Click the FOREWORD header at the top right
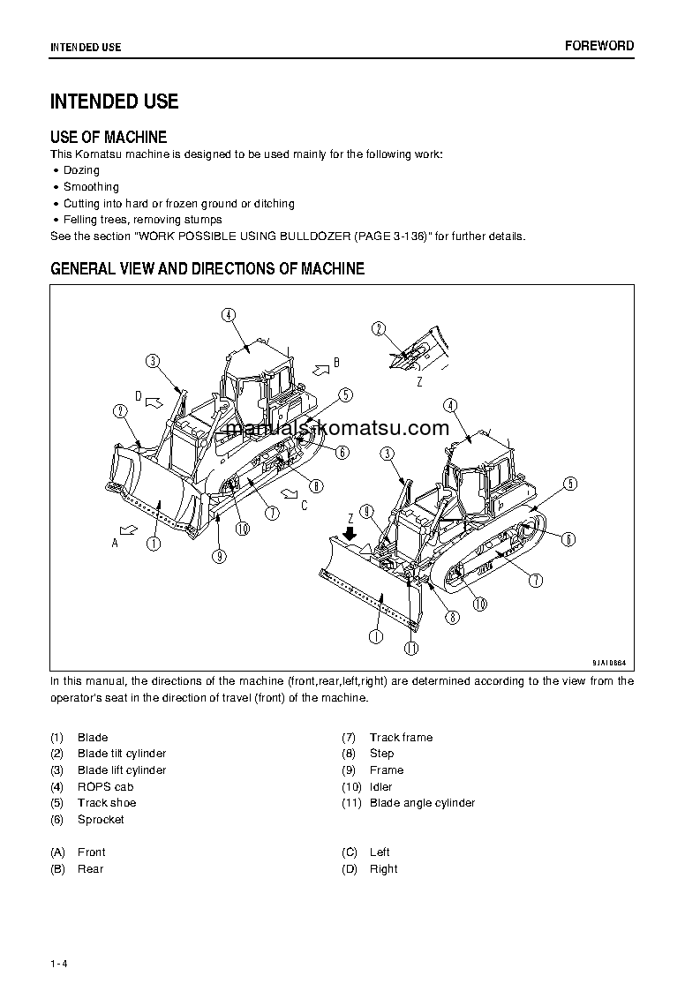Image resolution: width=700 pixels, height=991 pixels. (x=599, y=46)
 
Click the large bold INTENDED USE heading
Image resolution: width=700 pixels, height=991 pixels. (x=114, y=101)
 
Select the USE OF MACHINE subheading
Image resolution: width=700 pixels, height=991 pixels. (x=108, y=137)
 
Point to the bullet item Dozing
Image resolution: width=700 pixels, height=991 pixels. (x=81, y=170)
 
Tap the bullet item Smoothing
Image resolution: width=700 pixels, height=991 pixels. (x=91, y=187)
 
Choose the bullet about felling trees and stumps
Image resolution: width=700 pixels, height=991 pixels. (x=142, y=220)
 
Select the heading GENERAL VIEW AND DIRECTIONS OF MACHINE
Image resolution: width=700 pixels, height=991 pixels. (x=207, y=269)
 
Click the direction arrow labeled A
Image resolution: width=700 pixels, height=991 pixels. (x=129, y=529)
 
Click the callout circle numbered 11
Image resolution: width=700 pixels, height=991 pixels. (x=410, y=649)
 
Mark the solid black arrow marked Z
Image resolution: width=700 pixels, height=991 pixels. (x=350, y=533)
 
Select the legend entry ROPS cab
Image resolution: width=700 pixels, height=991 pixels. (x=105, y=786)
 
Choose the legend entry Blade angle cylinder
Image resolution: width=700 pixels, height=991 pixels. (x=422, y=803)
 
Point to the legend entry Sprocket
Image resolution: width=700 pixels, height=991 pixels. (x=101, y=820)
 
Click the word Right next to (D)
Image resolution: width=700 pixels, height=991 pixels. (x=383, y=869)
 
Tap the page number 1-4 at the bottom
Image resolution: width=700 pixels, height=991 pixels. (x=59, y=964)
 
